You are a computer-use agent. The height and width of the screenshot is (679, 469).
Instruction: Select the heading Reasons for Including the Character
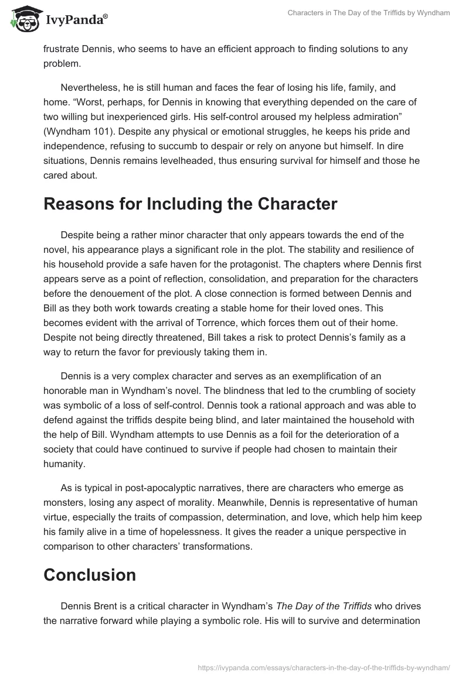coord(191,204)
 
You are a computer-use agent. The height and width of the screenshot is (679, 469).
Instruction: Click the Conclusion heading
coord(90,574)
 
